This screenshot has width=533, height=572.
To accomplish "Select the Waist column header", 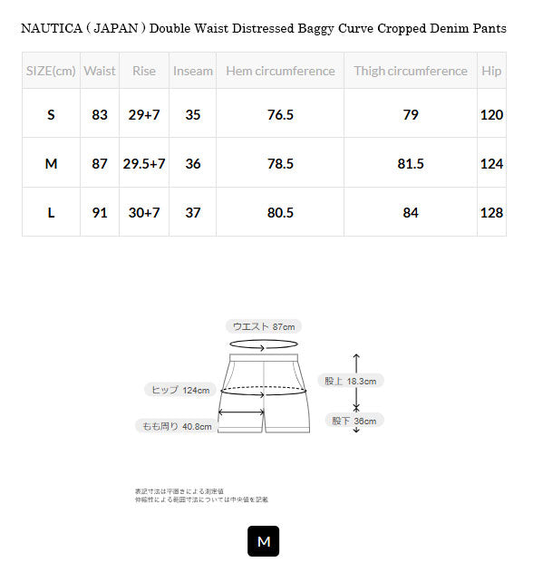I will [x=100, y=71].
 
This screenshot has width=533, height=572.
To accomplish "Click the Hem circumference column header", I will [x=280, y=71].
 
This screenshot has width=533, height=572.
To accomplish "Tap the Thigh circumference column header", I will [x=411, y=71].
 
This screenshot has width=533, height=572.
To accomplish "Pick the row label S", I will [x=51, y=114].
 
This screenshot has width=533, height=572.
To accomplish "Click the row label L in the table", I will [x=51, y=212].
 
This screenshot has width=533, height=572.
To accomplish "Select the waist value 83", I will [x=100, y=114].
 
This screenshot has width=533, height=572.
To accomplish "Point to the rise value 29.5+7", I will [x=144, y=163].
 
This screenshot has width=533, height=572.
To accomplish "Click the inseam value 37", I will [x=192, y=212].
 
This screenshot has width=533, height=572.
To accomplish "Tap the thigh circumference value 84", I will [x=411, y=212].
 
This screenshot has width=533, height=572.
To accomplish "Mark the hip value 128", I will [x=491, y=212].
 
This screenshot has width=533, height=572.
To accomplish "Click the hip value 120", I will [x=491, y=114].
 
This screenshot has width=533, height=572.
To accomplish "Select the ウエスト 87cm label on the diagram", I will [x=264, y=326].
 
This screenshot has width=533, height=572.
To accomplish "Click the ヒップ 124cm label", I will [x=179, y=390].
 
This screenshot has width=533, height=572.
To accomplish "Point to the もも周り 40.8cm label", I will [x=176, y=426].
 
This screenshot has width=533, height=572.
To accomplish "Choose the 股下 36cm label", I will [x=354, y=421].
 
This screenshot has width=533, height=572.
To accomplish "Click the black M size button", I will [x=264, y=541].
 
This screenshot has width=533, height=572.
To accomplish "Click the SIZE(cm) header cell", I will [x=51, y=71].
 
